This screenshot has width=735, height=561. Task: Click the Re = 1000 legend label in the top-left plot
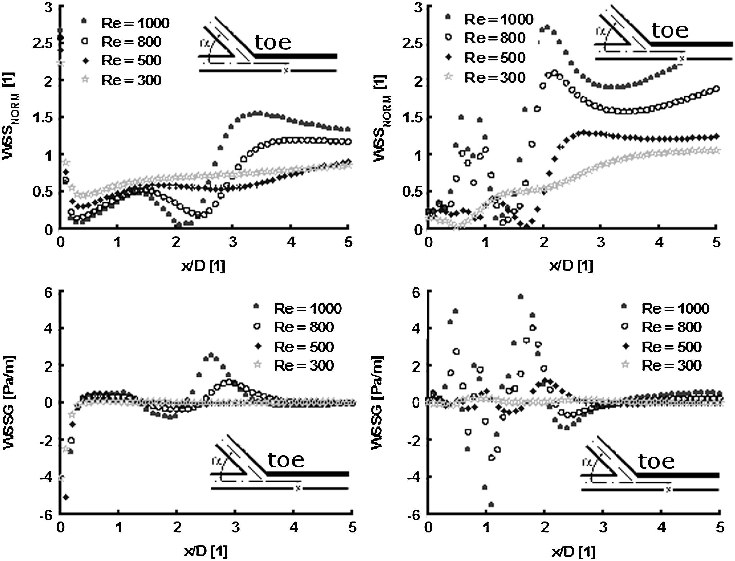point(135,23)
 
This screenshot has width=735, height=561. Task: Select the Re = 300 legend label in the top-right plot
point(495,78)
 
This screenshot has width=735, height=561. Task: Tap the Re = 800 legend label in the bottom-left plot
point(304,327)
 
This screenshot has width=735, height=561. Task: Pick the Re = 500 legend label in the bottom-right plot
point(671,347)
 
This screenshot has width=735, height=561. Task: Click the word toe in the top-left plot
point(273,43)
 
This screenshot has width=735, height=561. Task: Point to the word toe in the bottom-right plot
point(656,461)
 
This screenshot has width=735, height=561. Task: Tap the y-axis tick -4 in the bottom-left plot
point(46,477)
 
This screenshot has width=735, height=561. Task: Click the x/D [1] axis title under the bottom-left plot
point(206,552)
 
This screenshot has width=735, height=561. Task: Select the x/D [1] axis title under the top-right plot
point(571,266)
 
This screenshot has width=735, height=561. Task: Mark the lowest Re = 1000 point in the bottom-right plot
point(491,504)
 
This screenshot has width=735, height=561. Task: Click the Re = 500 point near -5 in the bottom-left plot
point(66,497)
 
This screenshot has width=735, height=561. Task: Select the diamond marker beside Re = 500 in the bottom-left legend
point(257,347)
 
